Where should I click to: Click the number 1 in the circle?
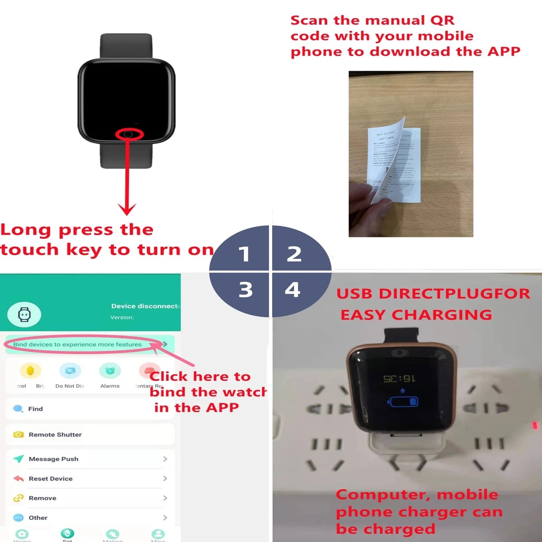pos(244,254)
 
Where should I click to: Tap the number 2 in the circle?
pos(294,254)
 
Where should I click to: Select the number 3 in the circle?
pos(246,289)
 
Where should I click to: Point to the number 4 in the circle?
pos(293,289)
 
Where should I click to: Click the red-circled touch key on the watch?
pos(129,134)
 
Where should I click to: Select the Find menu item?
pos(35,409)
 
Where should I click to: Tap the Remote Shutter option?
pos(55,434)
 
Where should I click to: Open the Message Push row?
pos(53,459)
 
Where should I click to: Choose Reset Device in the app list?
pos(51,478)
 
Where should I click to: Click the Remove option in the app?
pos(42,498)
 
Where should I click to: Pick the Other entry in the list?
pos(38,517)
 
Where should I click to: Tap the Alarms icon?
pos(110,371)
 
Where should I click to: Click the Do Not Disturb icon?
pos(70,371)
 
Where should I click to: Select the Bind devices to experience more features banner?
pos(77,344)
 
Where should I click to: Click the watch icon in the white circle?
pos(24,314)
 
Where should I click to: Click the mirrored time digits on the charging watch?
pos(399,379)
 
